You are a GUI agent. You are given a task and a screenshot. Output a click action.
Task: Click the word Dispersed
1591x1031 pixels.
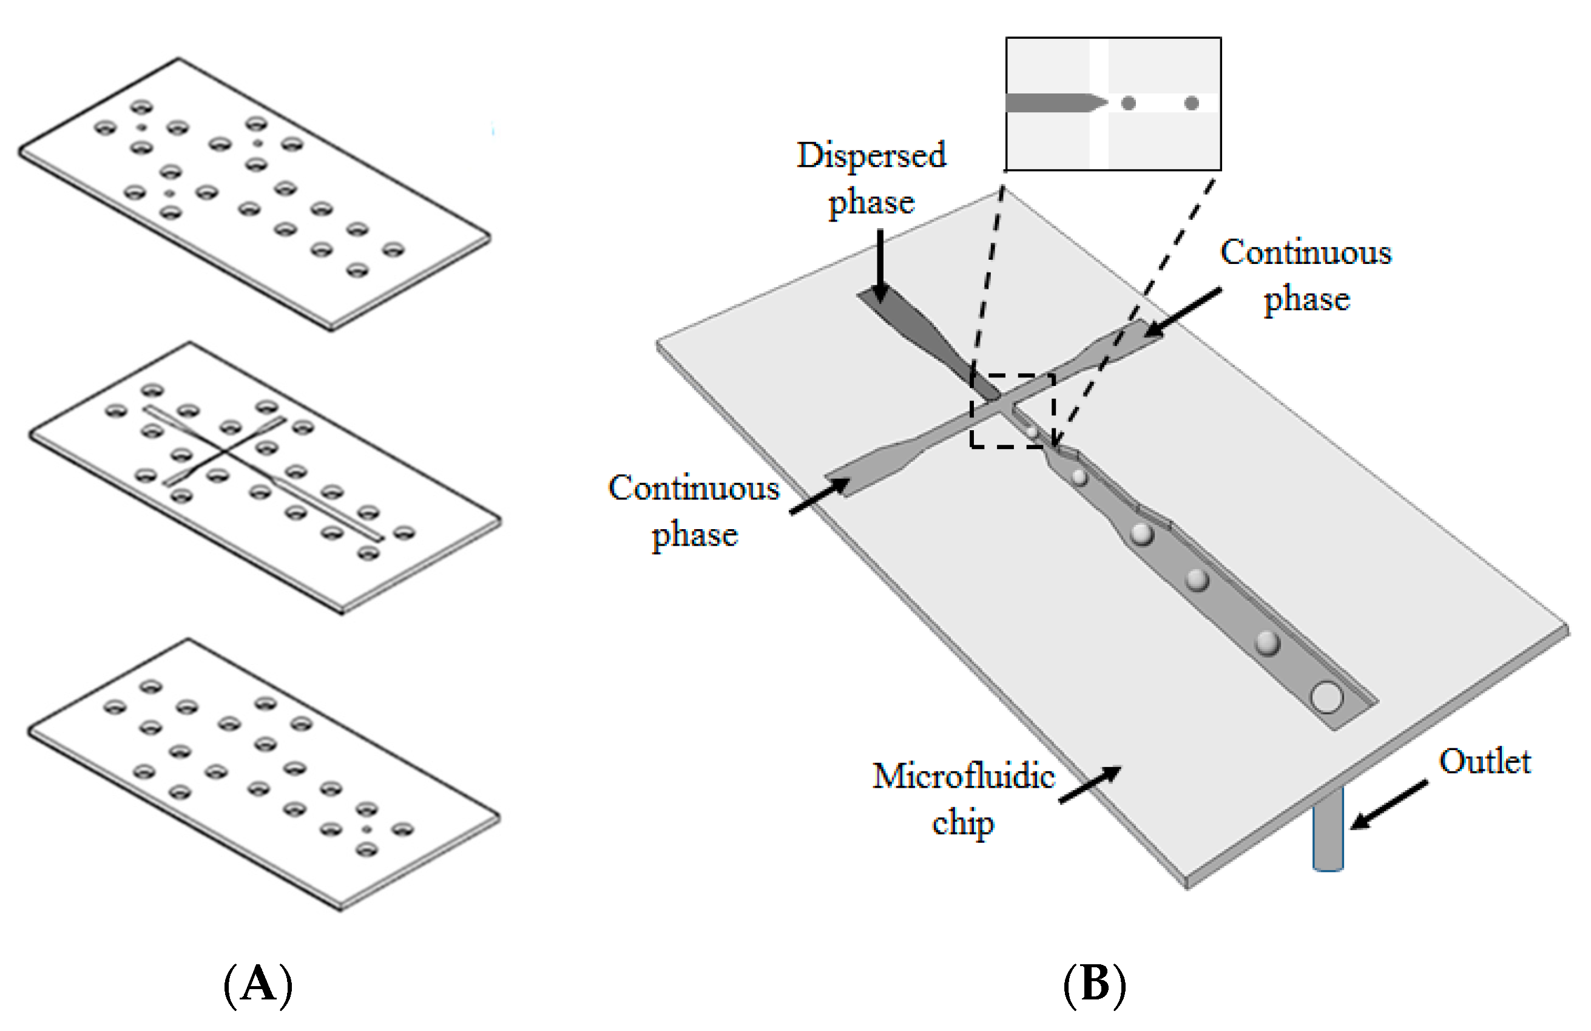coord(871,156)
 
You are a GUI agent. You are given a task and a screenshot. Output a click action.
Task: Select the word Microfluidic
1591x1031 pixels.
coord(964,776)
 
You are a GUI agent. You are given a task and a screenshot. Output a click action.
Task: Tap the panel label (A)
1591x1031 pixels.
coord(258,985)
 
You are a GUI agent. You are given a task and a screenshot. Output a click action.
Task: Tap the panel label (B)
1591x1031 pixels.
coord(1094,985)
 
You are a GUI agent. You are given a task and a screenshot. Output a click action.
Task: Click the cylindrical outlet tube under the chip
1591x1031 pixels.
coord(1328,833)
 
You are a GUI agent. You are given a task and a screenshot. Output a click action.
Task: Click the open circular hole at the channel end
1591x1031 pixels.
coord(1326,697)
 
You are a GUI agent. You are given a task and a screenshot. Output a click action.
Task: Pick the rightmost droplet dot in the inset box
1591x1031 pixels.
coord(1191,103)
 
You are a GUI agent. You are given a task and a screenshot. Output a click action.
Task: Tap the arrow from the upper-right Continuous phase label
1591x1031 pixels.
coord(1183,311)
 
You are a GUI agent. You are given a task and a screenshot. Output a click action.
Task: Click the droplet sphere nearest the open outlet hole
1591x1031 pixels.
coord(1267,643)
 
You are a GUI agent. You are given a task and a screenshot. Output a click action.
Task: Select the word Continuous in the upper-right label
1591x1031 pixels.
coord(1306,252)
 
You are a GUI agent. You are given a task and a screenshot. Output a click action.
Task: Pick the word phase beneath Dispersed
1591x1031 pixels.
coord(871,202)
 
